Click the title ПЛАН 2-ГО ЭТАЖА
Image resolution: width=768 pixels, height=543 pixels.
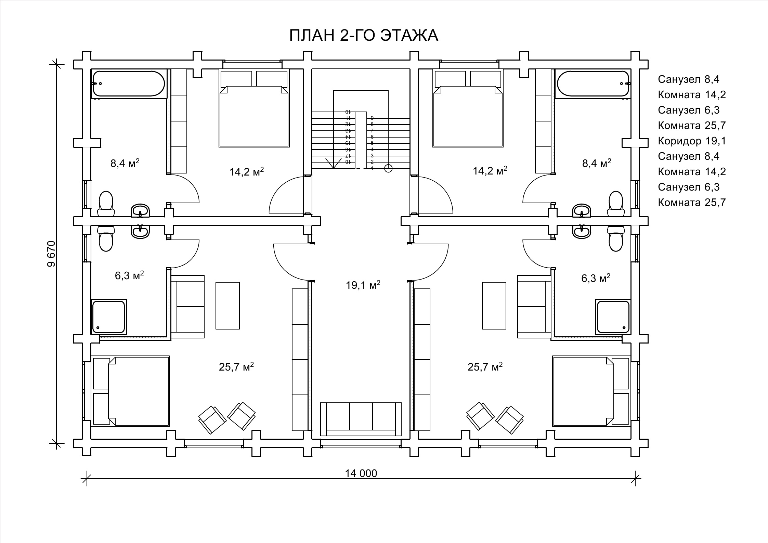364,35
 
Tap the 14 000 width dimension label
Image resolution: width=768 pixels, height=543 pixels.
361,473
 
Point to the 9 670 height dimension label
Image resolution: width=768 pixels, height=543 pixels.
51,254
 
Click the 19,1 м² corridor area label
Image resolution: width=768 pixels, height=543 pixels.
363,285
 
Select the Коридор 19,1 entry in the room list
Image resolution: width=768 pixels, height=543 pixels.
692,141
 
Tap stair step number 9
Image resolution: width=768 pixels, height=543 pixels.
372,118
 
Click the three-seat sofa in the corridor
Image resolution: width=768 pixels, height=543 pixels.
361,419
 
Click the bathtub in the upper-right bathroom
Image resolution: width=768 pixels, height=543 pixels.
593,83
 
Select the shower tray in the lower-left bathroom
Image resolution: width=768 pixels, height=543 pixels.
109,317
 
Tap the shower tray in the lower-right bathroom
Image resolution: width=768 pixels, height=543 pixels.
613,317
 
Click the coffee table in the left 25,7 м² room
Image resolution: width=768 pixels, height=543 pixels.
227,306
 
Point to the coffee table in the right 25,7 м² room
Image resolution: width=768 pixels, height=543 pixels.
494,306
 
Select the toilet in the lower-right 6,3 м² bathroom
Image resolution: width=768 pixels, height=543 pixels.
616,238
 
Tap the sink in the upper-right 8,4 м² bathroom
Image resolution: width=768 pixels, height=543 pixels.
582,210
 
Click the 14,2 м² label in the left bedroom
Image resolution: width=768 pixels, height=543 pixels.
246,171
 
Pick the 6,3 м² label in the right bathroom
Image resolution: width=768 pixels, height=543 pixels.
596,278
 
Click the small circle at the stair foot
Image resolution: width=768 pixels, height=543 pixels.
388,168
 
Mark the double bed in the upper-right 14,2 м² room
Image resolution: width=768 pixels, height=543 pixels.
468,108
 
